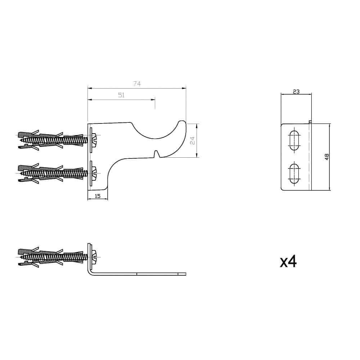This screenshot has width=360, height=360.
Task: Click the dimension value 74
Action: tap(136, 84)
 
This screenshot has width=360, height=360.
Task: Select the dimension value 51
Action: tap(121, 95)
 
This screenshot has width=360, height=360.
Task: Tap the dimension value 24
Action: tap(192, 140)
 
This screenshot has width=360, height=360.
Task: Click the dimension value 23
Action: tap(296, 91)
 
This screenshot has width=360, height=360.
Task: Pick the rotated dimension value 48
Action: tap(327, 157)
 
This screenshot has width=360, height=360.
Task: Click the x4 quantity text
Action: tap(288, 262)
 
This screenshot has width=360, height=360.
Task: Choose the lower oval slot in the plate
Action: tap(294, 173)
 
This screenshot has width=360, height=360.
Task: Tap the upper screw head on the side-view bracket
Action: tap(95, 139)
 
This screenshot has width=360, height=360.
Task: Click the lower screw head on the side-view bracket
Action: tap(95, 172)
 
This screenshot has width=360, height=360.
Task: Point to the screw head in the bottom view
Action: tap(95, 255)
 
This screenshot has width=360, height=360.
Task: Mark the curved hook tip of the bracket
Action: tap(183, 125)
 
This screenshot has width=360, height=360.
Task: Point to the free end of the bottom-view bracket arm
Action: tap(184, 274)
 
